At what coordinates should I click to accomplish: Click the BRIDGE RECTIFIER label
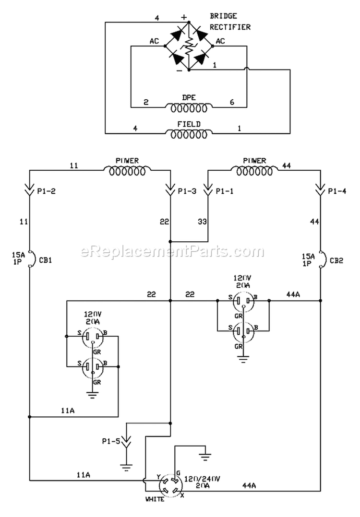(230, 22)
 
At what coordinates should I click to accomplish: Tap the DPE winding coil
(189, 107)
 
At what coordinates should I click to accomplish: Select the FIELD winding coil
(189, 134)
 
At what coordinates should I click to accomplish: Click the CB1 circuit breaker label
(46, 260)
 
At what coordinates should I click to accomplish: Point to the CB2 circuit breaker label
(336, 260)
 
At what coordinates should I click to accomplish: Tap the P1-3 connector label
(187, 191)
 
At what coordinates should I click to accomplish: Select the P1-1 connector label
(224, 191)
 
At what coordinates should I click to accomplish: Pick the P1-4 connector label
(337, 191)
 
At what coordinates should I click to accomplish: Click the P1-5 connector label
(111, 441)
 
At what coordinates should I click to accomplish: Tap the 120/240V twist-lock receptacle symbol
(170, 485)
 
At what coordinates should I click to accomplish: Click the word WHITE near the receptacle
(155, 499)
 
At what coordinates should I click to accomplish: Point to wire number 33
(202, 222)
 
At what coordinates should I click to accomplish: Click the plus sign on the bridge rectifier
(184, 17)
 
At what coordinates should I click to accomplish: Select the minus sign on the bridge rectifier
(179, 70)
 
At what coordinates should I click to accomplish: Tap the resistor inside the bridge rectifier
(189, 46)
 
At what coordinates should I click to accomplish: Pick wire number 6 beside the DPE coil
(232, 102)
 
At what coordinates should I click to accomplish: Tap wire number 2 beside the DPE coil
(146, 102)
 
